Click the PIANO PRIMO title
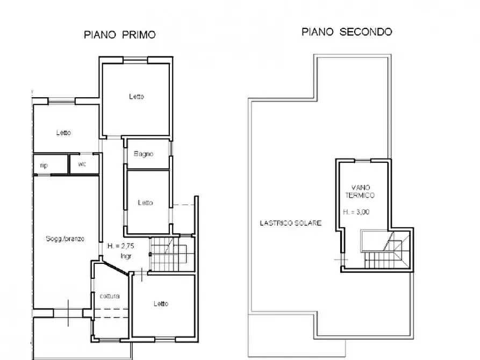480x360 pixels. click(x=120, y=34)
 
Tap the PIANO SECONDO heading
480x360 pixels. click(x=347, y=32)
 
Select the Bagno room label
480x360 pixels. click(x=144, y=154)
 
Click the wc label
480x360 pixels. click(x=82, y=164)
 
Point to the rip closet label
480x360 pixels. click(x=44, y=165)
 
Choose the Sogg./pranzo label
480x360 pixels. click(x=65, y=239)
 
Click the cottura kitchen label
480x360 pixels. click(x=110, y=296)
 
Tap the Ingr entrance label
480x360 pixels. click(x=126, y=256)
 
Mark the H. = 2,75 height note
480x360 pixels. click(x=120, y=246)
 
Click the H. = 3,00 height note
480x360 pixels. click(x=356, y=212)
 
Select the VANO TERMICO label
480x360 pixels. click(x=360, y=191)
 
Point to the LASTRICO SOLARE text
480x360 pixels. click(x=290, y=223)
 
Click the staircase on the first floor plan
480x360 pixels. click(x=171, y=254)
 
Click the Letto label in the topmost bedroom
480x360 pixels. click(x=136, y=97)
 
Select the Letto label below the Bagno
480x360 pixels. click(x=145, y=203)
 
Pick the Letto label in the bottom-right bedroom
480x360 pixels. click(x=161, y=304)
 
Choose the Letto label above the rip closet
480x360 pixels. click(x=63, y=133)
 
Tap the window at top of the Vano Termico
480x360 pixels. click(x=362, y=161)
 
